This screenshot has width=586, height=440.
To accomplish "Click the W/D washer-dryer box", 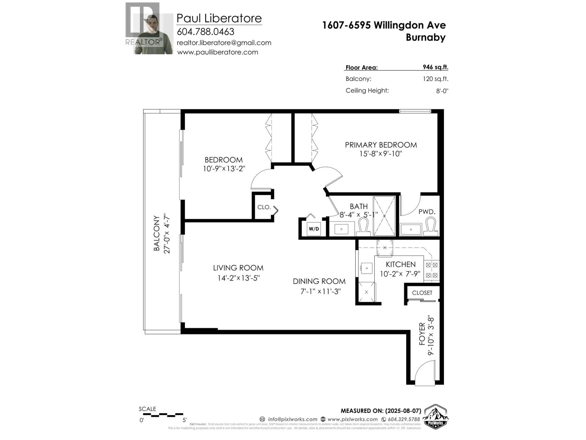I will click(x=314, y=229).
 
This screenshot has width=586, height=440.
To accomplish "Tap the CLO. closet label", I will click(x=264, y=207).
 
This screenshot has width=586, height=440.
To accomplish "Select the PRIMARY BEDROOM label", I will click(x=381, y=145).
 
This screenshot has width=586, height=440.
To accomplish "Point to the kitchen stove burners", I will click(x=431, y=269).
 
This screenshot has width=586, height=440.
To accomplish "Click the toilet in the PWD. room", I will click(x=430, y=226).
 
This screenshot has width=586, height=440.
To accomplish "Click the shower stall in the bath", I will click(x=384, y=216).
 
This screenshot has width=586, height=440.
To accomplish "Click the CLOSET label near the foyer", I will click(x=422, y=293).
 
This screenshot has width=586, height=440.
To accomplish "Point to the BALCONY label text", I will click(x=157, y=234).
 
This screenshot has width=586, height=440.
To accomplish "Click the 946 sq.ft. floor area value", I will click(x=435, y=67).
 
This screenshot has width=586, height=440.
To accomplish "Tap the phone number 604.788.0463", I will click(x=205, y=32).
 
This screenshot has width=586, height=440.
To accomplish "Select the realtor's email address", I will click(x=224, y=43).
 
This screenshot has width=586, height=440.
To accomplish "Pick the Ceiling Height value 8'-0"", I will click(x=442, y=91).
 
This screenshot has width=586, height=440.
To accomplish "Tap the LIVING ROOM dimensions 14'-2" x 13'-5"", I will click(x=238, y=278).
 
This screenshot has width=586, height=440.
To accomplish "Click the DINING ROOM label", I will click(x=319, y=281).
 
